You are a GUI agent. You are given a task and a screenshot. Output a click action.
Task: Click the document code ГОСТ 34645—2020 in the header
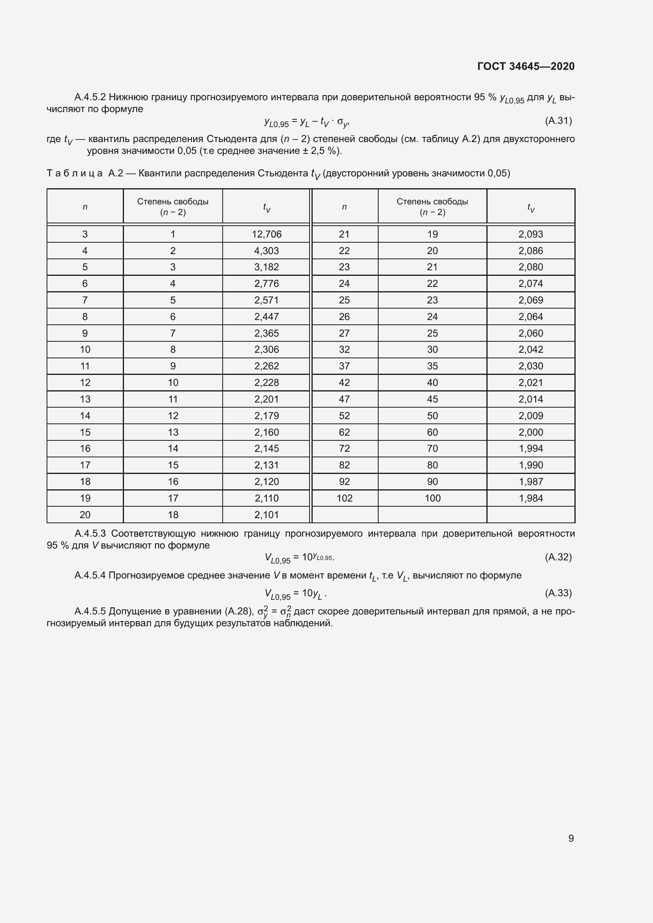point(525,66)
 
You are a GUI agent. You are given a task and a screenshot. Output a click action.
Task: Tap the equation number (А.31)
point(558,121)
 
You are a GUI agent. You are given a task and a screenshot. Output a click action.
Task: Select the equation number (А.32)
point(558,557)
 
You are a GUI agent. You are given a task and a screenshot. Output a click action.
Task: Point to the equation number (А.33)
point(558,593)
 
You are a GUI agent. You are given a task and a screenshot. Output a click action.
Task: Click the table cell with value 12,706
point(266,234)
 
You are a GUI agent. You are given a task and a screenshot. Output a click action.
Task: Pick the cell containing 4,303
point(266,251)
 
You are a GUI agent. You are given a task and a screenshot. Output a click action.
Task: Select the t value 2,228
point(266,382)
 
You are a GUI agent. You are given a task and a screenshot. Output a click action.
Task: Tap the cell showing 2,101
point(266,515)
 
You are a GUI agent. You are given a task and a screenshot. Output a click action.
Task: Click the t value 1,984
point(531,498)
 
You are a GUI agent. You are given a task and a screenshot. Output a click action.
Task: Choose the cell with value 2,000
point(531,432)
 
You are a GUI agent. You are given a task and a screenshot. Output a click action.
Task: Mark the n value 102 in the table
point(344,498)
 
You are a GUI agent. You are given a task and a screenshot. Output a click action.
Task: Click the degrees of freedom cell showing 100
point(433,498)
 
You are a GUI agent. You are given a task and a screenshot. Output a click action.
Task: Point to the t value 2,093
point(531,234)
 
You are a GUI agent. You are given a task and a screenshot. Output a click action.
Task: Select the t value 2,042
point(531,349)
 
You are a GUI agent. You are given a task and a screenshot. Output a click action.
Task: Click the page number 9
point(570,838)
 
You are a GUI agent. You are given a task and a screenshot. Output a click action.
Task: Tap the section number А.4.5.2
point(90,97)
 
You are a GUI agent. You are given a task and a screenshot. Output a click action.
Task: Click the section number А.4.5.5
point(90,611)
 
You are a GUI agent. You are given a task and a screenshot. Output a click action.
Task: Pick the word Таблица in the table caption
point(74,173)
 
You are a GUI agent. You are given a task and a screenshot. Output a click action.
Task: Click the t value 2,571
point(266,300)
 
